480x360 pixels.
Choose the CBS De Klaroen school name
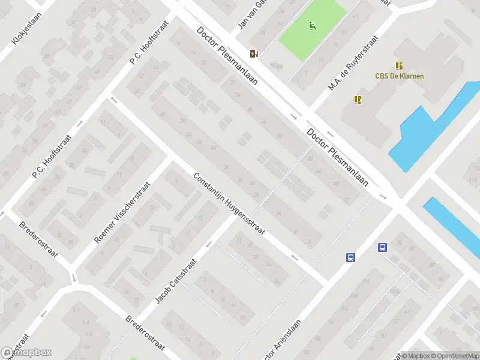399,76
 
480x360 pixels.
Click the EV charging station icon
254,53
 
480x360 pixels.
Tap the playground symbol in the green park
312,26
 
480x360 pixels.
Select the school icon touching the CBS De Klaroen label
399,66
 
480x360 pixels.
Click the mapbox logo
26,352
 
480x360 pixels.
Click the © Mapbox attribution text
413,356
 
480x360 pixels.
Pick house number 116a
394,291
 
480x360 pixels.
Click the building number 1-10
82,347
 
